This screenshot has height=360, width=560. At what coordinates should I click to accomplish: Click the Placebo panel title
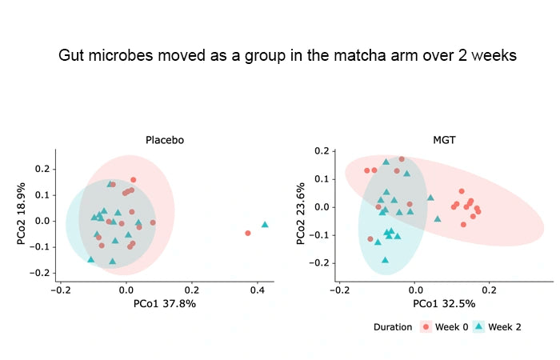(165, 140)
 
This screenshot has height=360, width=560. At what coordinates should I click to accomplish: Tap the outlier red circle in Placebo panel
(248, 233)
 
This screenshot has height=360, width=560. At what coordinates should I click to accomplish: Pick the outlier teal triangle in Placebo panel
(265, 225)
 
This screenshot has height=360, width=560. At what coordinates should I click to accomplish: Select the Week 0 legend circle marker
(426, 326)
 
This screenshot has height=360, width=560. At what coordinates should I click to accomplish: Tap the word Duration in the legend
(393, 326)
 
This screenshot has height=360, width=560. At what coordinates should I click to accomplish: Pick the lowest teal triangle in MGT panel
(386, 259)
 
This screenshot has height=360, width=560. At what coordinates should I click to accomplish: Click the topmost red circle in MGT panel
(402, 159)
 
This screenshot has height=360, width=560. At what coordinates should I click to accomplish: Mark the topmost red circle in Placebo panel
(133, 180)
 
